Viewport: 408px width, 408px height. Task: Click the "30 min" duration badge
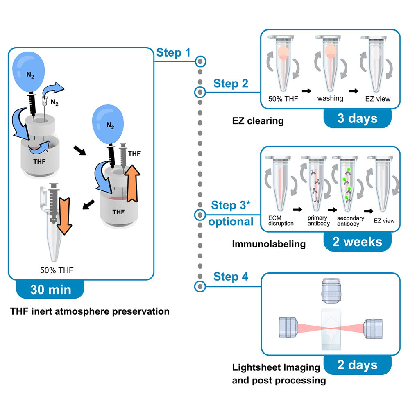pyautogui.click(x=50, y=289)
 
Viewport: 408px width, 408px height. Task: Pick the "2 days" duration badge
pyautogui.click(x=357, y=365)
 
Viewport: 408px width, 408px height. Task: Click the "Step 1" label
pyautogui.click(x=173, y=52)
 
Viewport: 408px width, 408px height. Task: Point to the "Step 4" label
pyautogui.click(x=230, y=277)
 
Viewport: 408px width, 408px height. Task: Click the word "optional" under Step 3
pyautogui.click(x=231, y=222)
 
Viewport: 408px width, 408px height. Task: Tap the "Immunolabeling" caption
pyautogui.click(x=269, y=244)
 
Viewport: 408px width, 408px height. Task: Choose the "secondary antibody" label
pyautogui.click(x=350, y=221)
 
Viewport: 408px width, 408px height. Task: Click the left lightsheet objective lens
pyautogui.click(x=289, y=327)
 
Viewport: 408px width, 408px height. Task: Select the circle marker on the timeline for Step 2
pyautogui.click(x=199, y=92)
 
